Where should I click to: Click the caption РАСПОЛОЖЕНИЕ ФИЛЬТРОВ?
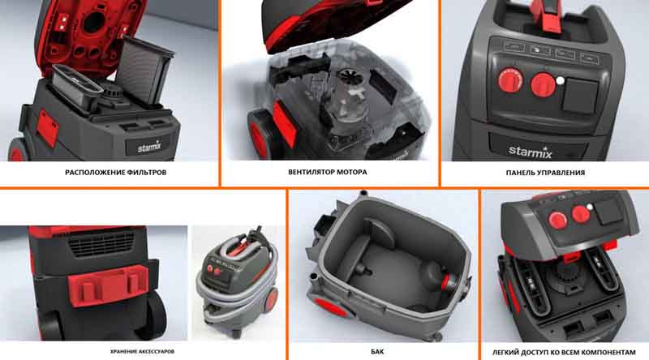115,172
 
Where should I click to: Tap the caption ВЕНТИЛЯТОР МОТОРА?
328,172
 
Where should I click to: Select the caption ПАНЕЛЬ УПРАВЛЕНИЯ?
545,173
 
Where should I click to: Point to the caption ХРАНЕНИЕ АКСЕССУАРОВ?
142,351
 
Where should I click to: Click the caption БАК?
377,352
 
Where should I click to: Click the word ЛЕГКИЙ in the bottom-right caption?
505,353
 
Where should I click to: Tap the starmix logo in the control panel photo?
531,152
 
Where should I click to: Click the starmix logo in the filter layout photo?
149,146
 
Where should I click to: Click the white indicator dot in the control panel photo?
560,81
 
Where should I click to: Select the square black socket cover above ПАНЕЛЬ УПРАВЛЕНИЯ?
580,96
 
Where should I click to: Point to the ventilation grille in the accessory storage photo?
101,244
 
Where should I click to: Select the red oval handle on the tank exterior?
330,308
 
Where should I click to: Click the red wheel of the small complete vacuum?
271,298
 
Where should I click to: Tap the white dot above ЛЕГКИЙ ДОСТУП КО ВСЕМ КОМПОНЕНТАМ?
590,207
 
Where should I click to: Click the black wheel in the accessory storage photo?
156,315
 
